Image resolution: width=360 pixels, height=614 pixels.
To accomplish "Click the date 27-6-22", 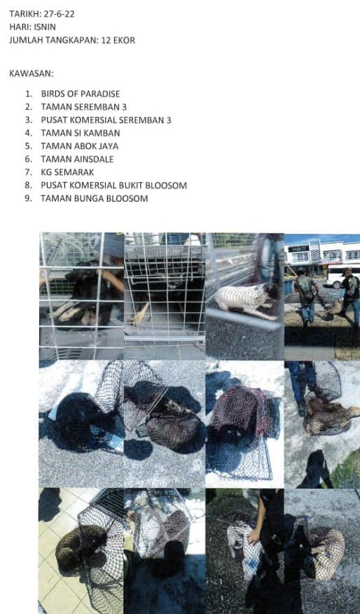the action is pyautogui.click(x=59, y=14).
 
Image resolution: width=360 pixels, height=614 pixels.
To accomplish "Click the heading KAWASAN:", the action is pyautogui.click(x=32, y=74).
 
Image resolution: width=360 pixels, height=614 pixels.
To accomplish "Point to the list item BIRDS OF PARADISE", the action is pyautogui.click(x=81, y=94).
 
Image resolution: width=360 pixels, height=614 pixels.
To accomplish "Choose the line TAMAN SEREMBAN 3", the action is pyautogui.click(x=83, y=107).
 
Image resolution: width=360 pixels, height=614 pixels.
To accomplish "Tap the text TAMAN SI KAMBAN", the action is pyautogui.click(x=81, y=133).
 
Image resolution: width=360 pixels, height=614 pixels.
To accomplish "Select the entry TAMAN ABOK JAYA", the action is pyautogui.click(x=80, y=146).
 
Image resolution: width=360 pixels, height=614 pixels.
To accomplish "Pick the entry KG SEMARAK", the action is pyautogui.click(x=67, y=172).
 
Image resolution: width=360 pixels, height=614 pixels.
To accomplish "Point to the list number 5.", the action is pyautogui.click(x=28, y=146).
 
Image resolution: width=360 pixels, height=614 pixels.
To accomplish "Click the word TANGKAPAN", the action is pyautogui.click(x=69, y=41).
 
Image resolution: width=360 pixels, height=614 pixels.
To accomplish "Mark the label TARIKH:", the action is pyautogui.click(x=25, y=14).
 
